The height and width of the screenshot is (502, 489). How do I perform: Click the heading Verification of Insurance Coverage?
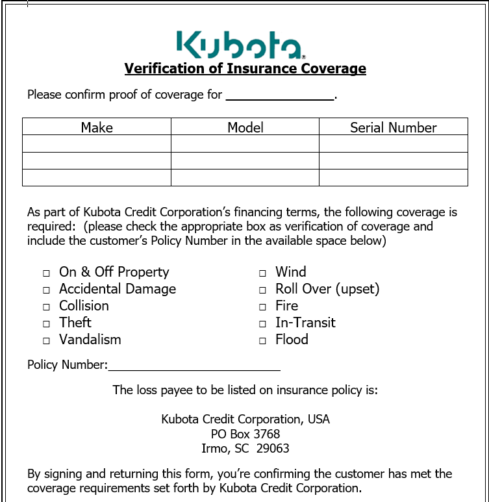click(245, 68)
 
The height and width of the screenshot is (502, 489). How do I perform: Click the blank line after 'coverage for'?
click(279, 95)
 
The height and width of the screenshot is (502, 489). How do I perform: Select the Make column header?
click(97, 127)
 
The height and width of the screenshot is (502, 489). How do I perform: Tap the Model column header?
click(245, 127)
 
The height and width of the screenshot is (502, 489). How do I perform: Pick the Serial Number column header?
click(393, 127)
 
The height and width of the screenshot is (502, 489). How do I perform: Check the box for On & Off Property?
click(47, 273)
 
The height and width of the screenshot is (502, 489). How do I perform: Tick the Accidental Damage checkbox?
click(47, 290)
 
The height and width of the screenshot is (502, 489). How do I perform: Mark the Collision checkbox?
click(47, 307)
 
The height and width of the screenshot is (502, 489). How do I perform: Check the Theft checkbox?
click(47, 324)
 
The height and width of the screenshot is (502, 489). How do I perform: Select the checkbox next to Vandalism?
click(47, 341)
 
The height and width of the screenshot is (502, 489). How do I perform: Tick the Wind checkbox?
click(263, 273)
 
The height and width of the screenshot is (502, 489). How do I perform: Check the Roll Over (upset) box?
click(263, 290)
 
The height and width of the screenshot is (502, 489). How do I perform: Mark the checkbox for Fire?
click(263, 307)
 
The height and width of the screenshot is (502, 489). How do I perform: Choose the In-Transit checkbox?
click(263, 324)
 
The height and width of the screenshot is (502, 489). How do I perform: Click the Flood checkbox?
click(263, 341)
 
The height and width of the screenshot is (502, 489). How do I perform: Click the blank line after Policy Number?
click(194, 366)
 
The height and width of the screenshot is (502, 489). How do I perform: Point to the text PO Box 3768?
click(245, 434)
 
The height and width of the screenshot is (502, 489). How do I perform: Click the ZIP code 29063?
click(273, 449)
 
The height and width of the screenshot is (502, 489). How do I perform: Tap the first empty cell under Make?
click(97, 144)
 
